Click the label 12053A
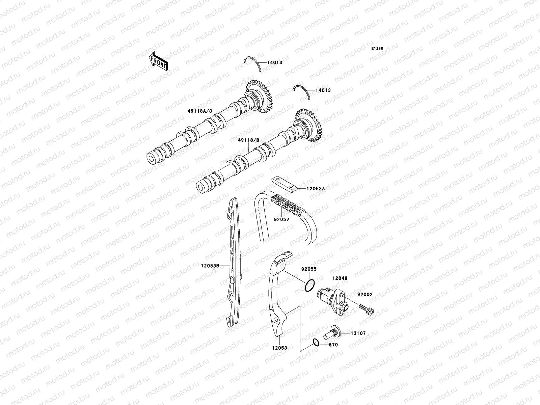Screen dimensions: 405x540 tap(316, 189)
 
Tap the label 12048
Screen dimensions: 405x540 tap(340, 278)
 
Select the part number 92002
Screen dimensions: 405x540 tap(365, 295)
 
